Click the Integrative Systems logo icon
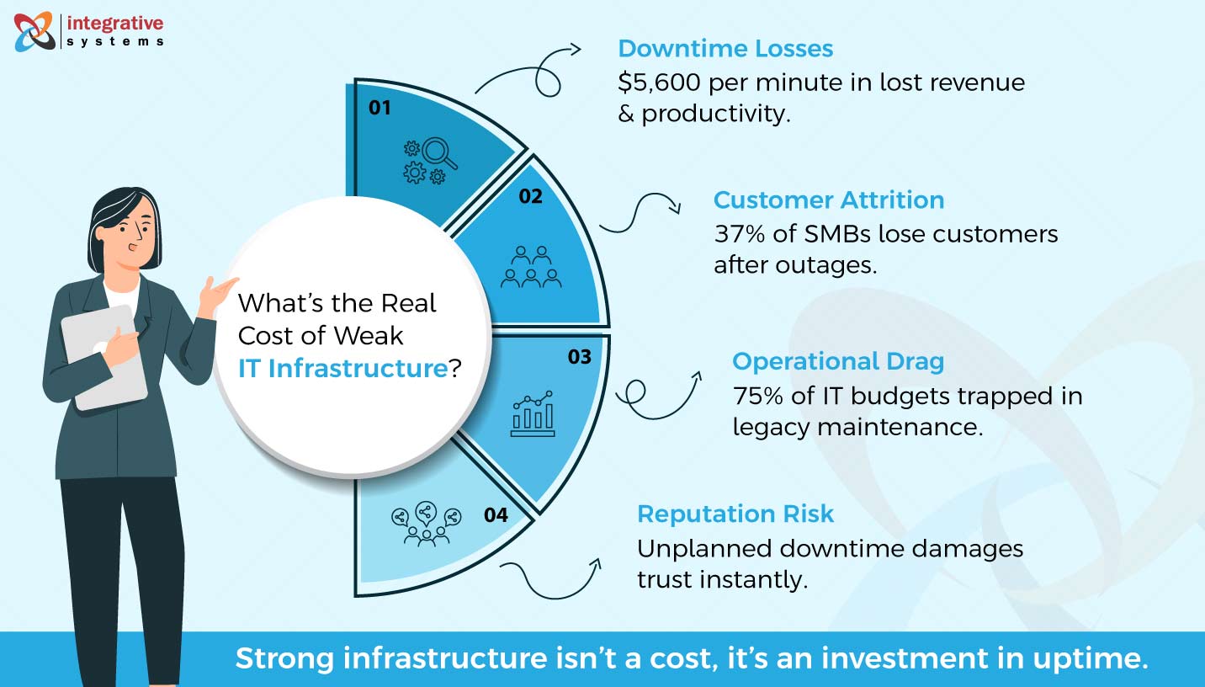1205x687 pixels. click(35, 31)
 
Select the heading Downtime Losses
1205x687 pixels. click(725, 49)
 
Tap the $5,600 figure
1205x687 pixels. click(661, 83)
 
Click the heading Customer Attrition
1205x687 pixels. click(829, 200)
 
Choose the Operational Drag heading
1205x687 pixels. click(838, 361)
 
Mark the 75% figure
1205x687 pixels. click(756, 395)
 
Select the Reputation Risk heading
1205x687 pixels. click(735, 514)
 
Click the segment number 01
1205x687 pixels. click(380, 108)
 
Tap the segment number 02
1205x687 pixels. click(530, 197)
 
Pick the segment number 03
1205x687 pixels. click(579, 357)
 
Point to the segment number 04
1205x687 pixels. click(496, 514)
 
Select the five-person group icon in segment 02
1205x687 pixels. click(530, 267)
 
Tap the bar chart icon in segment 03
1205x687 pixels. click(532, 413)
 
